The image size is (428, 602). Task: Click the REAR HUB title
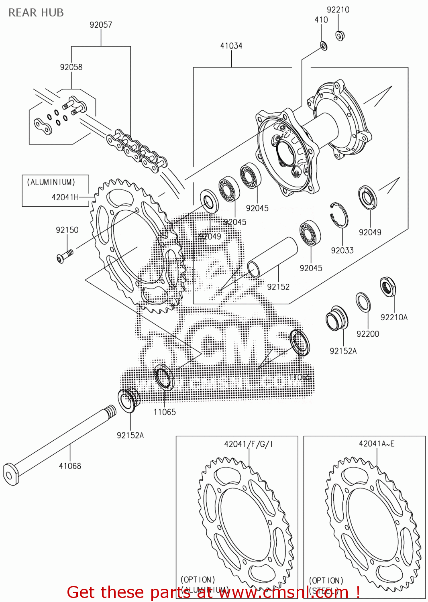point(36,13)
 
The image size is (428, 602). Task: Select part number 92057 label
point(101,25)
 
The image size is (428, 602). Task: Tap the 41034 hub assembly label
point(231,46)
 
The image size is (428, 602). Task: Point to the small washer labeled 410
point(324,46)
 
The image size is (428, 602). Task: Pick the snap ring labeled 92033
point(339,215)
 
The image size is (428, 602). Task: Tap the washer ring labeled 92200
point(363,302)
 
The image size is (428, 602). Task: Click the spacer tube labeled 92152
point(272,257)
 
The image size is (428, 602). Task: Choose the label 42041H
point(65,197)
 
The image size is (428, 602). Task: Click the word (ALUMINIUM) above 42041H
point(51,182)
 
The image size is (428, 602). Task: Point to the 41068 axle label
point(70,466)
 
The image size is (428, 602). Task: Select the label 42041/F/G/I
point(248,444)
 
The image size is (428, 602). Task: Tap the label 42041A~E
point(377,443)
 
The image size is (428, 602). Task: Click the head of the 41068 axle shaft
point(11,474)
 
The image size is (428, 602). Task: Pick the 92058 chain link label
point(71,67)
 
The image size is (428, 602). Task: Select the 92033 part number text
point(342,250)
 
